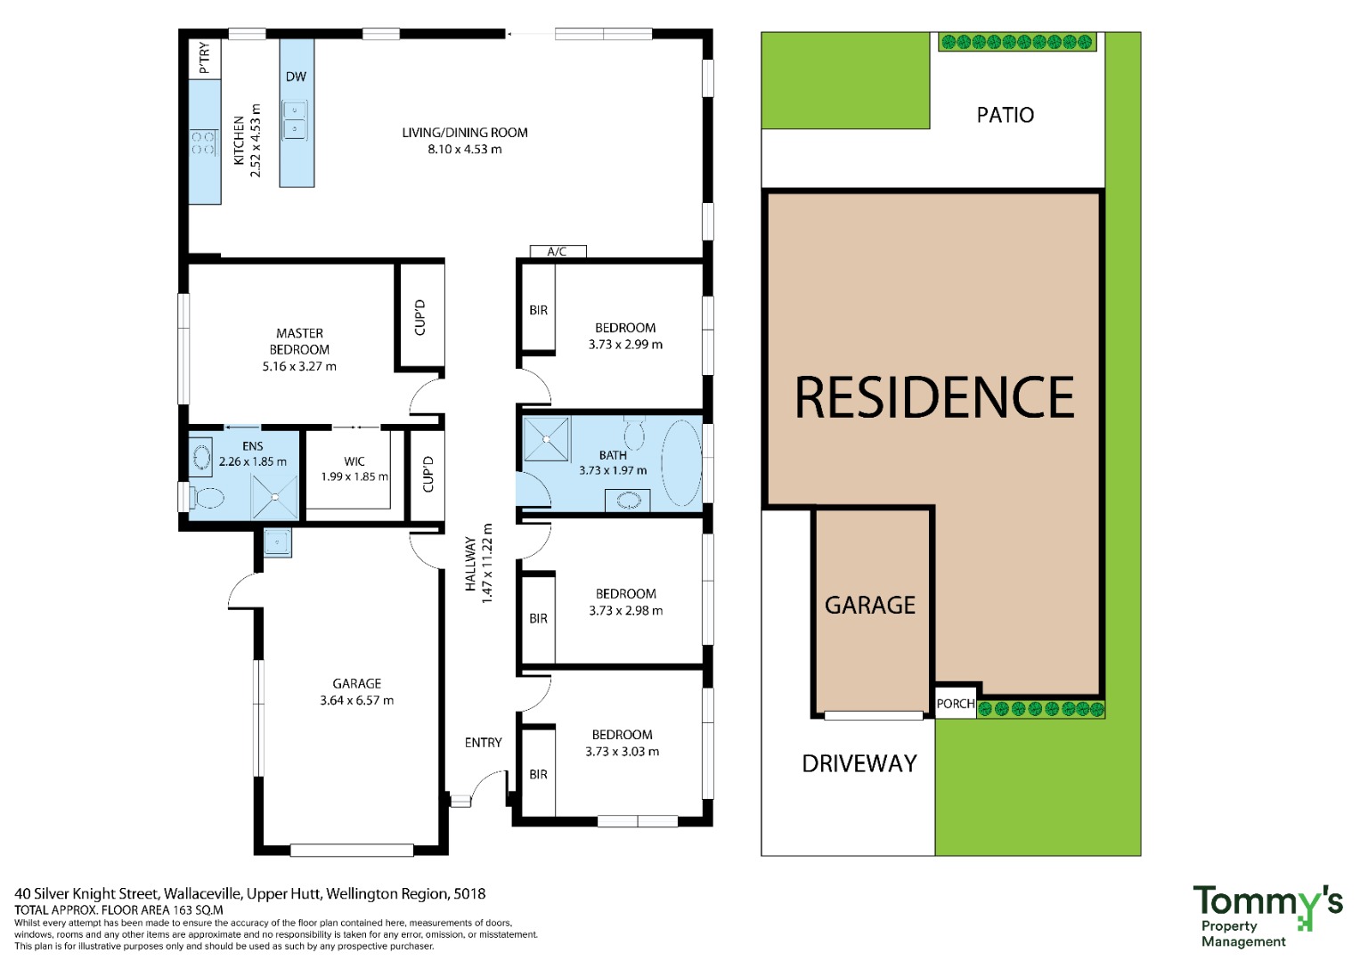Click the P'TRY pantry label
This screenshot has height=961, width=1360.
coord(205,58)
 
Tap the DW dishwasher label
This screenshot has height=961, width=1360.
coord(297,77)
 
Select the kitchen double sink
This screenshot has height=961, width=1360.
coord(295,119)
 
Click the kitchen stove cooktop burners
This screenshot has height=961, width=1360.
coord(203,143)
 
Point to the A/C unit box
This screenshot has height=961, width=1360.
coord(558,251)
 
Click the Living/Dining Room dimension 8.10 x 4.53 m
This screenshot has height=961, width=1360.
coord(465,150)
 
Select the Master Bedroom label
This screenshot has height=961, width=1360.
coord(299,341)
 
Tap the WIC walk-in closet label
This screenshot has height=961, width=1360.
coord(354,461)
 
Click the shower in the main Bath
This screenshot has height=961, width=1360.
coord(547,439)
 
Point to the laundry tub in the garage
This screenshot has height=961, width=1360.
coord(278,542)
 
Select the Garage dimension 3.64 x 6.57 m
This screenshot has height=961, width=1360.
coord(357,701)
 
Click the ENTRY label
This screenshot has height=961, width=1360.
coord(484,743)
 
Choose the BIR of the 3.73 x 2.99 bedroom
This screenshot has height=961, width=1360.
coord(539,310)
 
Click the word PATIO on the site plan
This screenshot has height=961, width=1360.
coord(1006,115)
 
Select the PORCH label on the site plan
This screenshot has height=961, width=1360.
coord(956,703)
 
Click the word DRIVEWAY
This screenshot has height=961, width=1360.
coord(859,763)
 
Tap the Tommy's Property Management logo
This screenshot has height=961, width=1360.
coord(1267,916)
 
